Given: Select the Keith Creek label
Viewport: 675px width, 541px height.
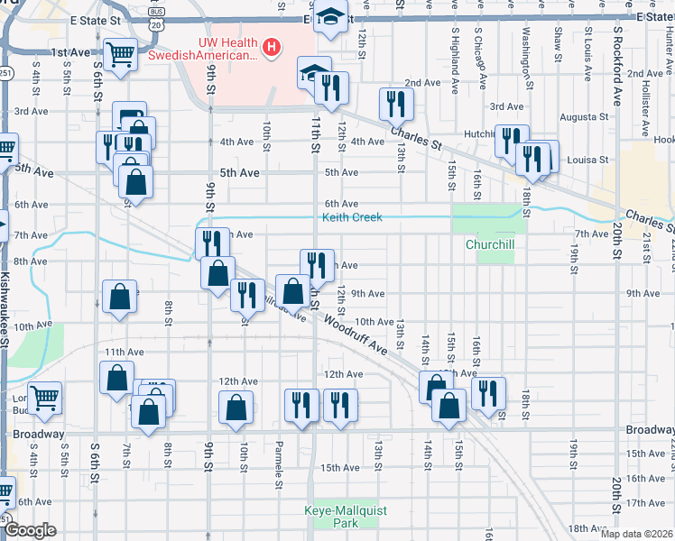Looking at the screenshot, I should (x=353, y=217).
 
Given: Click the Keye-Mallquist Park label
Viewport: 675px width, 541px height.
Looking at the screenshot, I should (x=347, y=517).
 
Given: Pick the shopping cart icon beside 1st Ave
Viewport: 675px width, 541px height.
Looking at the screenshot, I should (x=119, y=55).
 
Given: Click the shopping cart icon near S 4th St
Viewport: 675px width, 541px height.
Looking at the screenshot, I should (x=43, y=398).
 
